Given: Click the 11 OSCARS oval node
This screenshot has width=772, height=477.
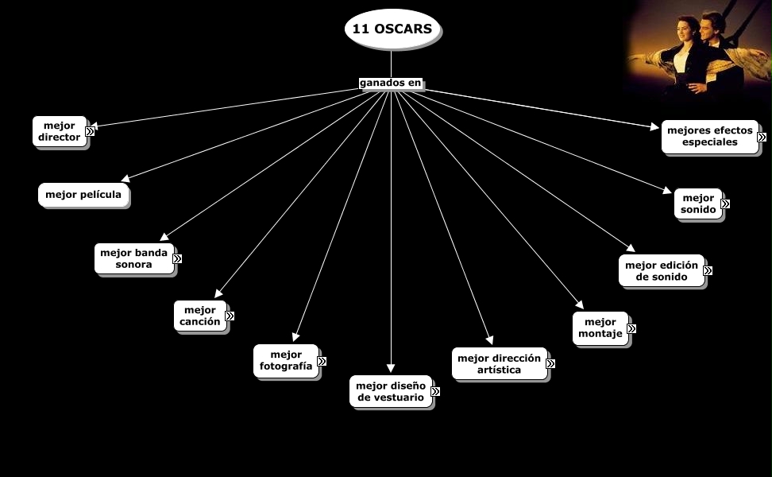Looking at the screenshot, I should point(392,29).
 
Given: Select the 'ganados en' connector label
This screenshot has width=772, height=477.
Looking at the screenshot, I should point(390,83).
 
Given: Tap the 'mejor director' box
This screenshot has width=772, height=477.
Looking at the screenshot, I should point(60,131).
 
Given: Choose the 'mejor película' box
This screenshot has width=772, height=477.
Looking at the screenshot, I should point(83,195).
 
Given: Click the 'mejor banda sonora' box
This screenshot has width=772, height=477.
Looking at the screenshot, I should point(133,258).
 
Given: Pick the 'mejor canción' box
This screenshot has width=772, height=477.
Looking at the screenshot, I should point(200,316).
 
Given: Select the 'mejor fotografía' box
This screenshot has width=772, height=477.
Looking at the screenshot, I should point(286,360).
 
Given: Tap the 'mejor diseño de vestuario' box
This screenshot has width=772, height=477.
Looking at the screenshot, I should point(391,391).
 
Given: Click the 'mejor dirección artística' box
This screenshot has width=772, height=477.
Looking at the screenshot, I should point(499,363).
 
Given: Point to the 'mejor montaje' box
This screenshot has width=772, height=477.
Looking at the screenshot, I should point(600,328).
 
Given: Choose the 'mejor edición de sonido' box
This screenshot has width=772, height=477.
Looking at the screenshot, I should point(661,270).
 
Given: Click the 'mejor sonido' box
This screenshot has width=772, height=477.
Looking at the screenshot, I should point(697,204).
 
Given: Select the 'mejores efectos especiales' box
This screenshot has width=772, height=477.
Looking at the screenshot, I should point(709,136).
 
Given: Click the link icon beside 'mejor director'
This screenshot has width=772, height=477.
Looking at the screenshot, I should point(91,131).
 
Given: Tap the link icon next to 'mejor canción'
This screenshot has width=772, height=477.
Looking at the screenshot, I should point(230,316).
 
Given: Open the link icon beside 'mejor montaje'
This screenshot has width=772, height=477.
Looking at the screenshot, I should point(631,328).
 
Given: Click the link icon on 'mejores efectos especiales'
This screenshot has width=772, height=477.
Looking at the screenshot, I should point(762,137).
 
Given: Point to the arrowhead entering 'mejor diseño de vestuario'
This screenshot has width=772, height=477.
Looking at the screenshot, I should point(391,369).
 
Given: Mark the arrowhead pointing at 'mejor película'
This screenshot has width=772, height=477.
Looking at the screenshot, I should point(125,178).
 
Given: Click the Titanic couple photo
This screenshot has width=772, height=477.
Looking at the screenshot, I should point(699,52).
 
